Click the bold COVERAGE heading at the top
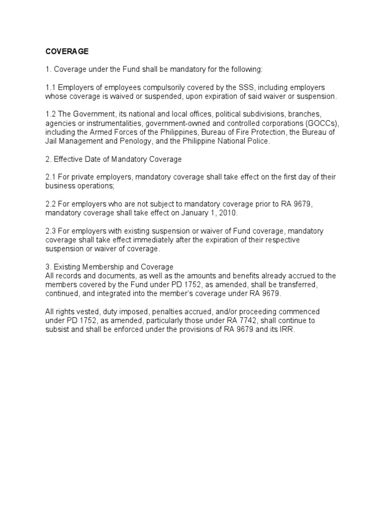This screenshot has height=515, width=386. (67, 51)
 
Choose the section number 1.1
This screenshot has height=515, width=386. (50, 88)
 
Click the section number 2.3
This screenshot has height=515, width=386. (50, 231)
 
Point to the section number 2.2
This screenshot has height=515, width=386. (50, 204)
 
